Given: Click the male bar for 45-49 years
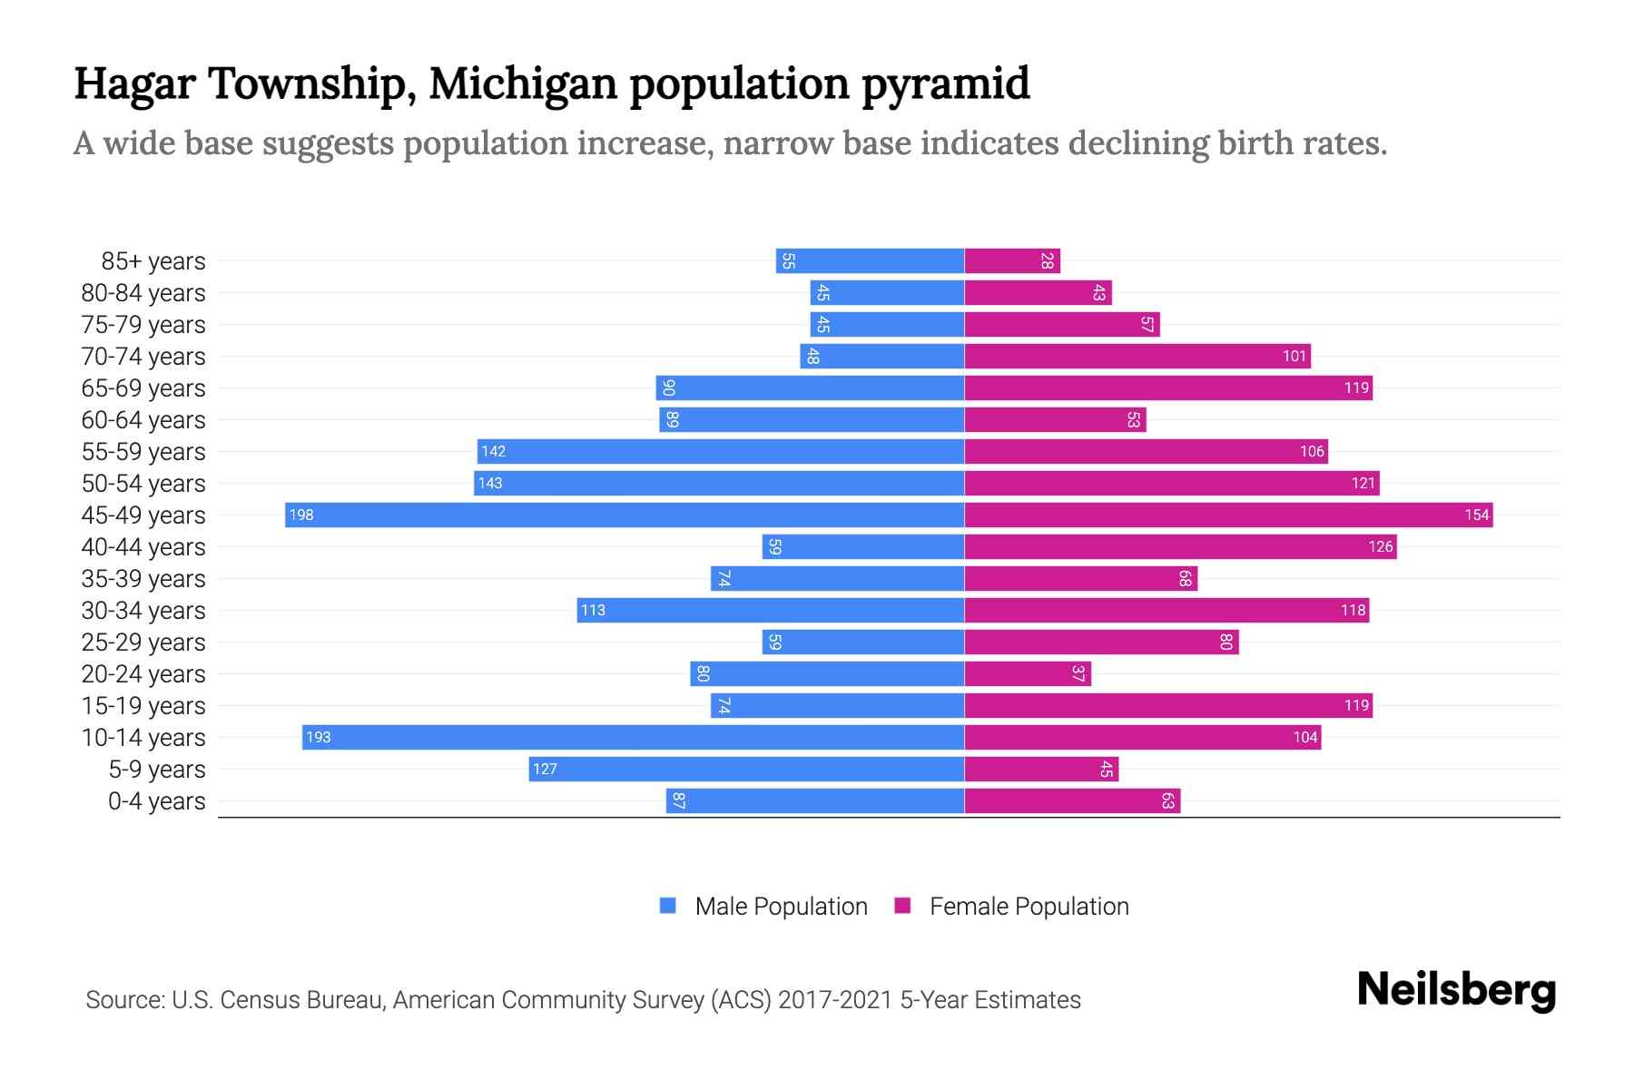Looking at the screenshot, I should tap(625, 515).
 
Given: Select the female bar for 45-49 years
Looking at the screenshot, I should tap(1228, 515).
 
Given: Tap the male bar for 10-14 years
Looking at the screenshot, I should tap(633, 737).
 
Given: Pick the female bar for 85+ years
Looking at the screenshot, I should tap(1012, 261).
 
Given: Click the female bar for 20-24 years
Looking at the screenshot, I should tap(1028, 673).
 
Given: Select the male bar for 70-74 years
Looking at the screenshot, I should tap(881, 357).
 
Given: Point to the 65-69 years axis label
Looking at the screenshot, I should tap(143, 388).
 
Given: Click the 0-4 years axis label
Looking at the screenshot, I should tap(156, 801).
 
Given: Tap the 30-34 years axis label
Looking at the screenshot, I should tap(143, 611).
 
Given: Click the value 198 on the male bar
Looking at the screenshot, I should tap(301, 515).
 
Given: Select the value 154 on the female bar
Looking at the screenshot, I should tap(1476, 515).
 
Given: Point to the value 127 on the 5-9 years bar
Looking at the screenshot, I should tap(545, 770).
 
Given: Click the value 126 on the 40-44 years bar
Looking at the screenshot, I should tap(1380, 547).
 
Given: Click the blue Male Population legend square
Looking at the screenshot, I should tap(668, 906).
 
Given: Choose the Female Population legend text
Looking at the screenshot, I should tap(1029, 906).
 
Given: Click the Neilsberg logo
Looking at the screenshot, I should tap(1456, 990).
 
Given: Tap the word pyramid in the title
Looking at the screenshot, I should tap(945, 83).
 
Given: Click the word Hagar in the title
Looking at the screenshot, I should tap(134, 83).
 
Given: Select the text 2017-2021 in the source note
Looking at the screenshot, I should tap(835, 1000).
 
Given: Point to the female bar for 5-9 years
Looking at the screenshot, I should tap(1041, 770).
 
